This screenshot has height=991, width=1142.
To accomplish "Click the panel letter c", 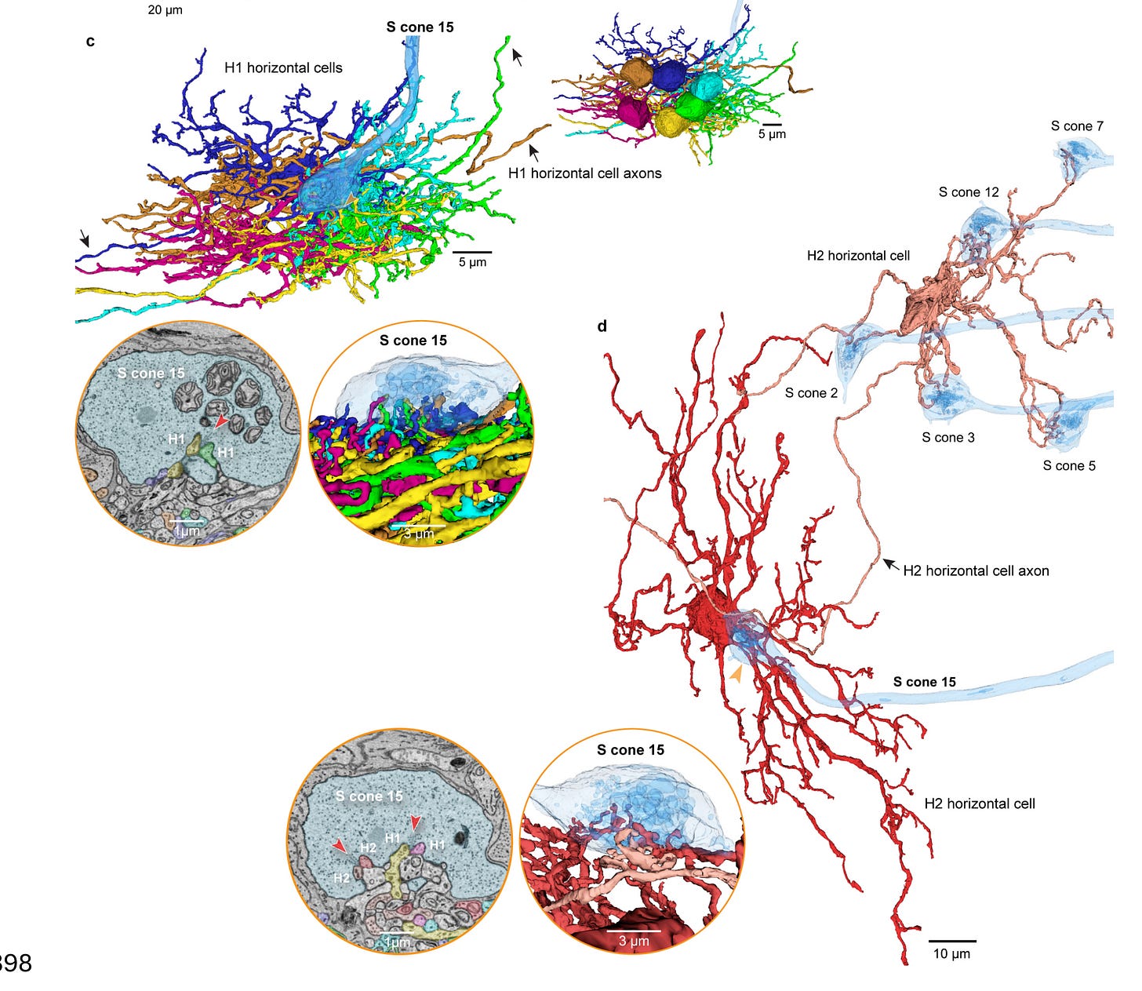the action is click(90, 42).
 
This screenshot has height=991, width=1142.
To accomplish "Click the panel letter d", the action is click(602, 326).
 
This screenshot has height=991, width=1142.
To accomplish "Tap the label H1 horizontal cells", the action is click(283, 68).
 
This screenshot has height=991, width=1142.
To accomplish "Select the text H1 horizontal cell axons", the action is click(584, 173).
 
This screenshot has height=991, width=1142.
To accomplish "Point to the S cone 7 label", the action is click(1077, 126).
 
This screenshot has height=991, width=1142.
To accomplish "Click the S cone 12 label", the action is click(969, 192).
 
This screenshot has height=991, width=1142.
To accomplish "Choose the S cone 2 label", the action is click(811, 393).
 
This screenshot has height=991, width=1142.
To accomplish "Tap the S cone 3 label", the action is click(947, 438).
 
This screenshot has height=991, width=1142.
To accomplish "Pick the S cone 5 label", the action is click(1069, 466).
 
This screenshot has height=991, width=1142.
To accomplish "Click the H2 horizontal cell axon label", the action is click(976, 571).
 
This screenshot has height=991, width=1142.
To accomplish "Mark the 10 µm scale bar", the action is click(951, 941).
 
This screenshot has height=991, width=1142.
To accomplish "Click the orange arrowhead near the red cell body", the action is click(736, 673).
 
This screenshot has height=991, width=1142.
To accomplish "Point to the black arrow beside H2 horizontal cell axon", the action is click(889, 563).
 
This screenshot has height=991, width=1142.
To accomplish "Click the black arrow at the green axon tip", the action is click(517, 56).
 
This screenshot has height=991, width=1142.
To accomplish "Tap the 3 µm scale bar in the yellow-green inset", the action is click(418, 526).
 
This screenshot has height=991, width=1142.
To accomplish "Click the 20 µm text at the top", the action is click(165, 10).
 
